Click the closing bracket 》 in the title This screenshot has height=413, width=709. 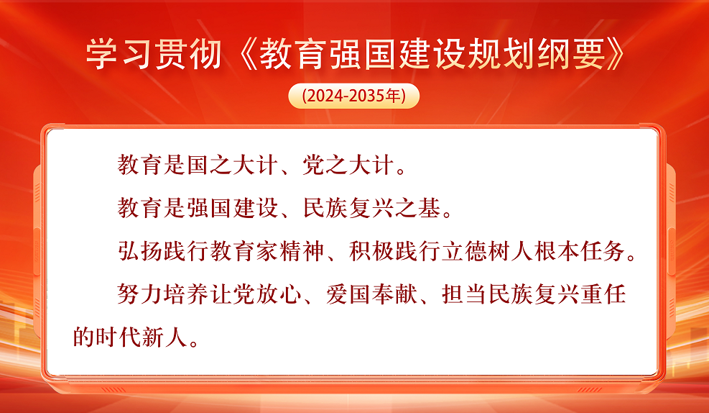tap(616, 55)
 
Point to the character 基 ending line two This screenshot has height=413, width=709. tap(430, 208)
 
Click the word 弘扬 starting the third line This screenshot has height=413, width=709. tap(140, 251)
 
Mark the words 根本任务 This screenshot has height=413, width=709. tap(580, 251)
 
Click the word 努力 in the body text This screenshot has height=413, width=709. tap(140, 294)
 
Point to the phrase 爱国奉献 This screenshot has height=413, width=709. tap(371, 294)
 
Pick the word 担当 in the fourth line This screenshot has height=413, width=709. tap(465, 294)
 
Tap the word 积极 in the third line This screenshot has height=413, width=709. tap(372, 251)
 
